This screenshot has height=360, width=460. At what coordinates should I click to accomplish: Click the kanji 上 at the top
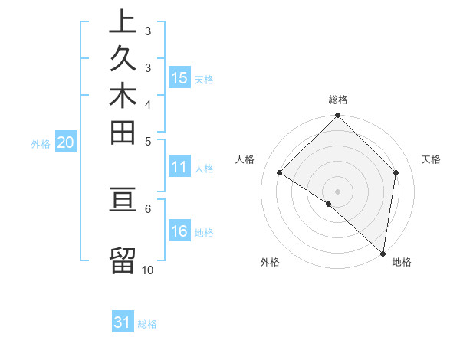pyautogui.click(x=123, y=22)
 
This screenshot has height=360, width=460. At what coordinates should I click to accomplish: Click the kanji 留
pyautogui.click(x=123, y=260)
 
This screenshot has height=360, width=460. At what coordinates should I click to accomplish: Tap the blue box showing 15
pyautogui.click(x=179, y=77)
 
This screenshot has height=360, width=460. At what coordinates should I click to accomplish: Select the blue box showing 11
pyautogui.click(x=179, y=167)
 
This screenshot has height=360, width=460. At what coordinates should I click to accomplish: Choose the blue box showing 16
pyautogui.click(x=179, y=231)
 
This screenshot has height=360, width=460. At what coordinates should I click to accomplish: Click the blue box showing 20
pyautogui.click(x=66, y=142)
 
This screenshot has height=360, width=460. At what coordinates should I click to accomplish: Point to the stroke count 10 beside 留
pyautogui.click(x=148, y=270)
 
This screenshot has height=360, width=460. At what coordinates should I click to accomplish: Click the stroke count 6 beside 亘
pyautogui.click(x=148, y=208)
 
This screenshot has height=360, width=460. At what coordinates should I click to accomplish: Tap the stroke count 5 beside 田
pyautogui.click(x=148, y=141)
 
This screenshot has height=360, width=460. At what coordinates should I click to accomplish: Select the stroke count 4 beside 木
pyautogui.click(x=148, y=103)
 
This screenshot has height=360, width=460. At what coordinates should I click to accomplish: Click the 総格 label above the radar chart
pyautogui.click(x=338, y=100)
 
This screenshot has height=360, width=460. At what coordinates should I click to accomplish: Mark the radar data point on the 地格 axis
pyautogui.click(x=383, y=253)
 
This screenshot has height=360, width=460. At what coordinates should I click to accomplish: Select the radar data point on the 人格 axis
pyautogui.click(x=280, y=173)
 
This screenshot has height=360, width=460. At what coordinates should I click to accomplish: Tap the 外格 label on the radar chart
pyautogui.click(x=270, y=263)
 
